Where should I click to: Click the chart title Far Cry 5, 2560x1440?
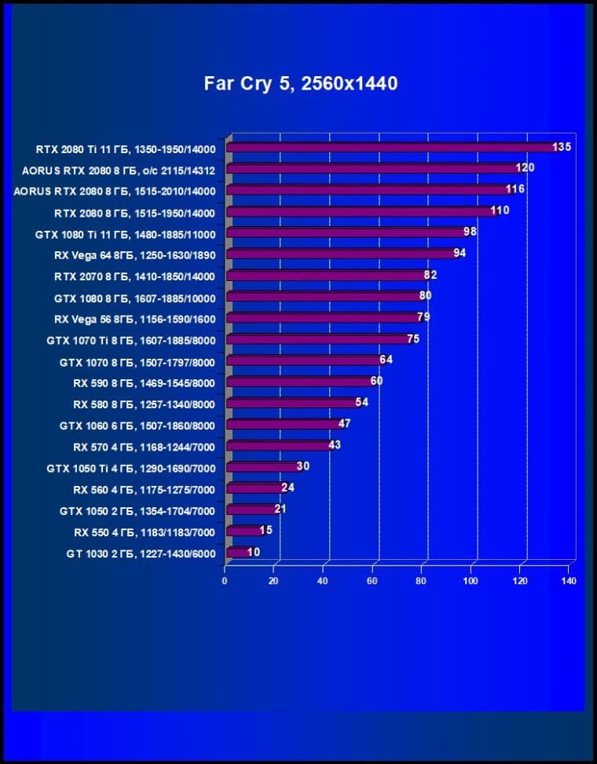click(301, 83)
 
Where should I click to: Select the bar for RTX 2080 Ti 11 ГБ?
click(393, 147)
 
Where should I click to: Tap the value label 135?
click(562, 147)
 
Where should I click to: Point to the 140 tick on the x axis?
click(569, 581)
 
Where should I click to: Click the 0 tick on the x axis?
click(225, 581)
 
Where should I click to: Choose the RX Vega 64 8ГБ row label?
click(141, 254)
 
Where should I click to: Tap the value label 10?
click(254, 552)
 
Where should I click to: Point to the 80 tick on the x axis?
click(421, 581)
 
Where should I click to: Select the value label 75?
click(413, 338)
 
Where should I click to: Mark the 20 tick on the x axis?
click(273, 581)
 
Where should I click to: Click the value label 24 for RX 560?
click(288, 488)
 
